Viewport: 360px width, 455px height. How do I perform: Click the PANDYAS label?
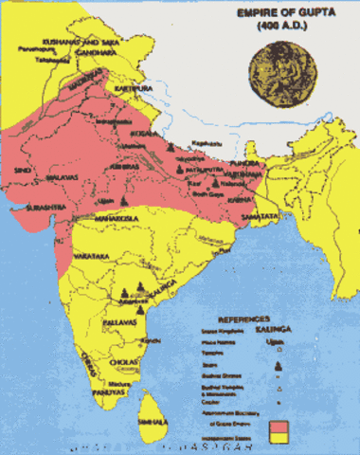[108, 392]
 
